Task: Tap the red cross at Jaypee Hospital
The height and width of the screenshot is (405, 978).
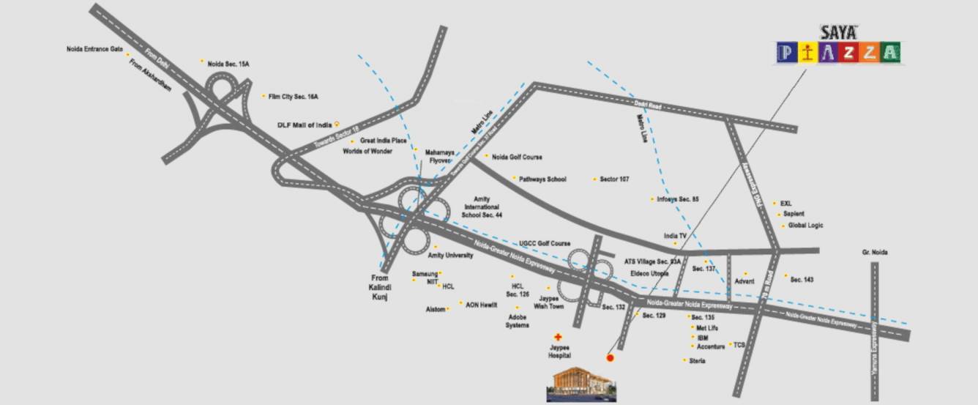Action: pos(559,337)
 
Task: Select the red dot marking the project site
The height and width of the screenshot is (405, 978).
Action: pos(610,357)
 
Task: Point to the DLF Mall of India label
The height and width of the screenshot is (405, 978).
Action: pos(304,125)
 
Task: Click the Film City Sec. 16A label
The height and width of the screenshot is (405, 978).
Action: pos(293,96)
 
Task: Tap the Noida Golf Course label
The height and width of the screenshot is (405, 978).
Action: pos(517,157)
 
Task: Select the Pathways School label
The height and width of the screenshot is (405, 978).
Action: pos(542,179)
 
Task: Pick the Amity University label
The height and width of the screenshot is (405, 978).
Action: pos(450,256)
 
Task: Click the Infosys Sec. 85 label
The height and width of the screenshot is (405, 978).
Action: pos(679,198)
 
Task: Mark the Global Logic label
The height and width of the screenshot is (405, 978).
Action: pos(805,226)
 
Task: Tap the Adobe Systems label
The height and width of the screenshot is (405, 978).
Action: pos(518,322)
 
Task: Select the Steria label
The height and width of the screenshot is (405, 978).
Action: pos(697,361)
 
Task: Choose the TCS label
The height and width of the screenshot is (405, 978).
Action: pos(739,345)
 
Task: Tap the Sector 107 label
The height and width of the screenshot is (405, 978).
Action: pos(614,179)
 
